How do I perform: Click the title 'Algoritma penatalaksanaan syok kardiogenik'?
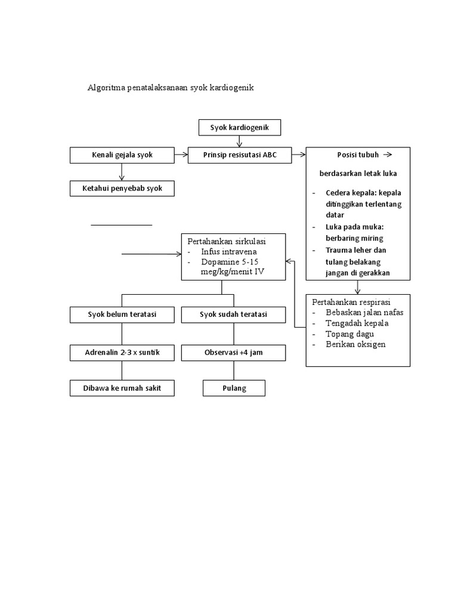point(171,88)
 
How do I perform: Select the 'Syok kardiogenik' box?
point(239,128)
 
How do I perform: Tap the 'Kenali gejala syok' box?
point(122,155)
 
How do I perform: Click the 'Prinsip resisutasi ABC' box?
point(240,155)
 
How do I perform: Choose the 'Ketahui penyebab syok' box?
point(122,189)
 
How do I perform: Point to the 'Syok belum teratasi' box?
point(122,314)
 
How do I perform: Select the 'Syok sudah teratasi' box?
point(233,314)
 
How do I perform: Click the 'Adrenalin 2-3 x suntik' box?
point(122,353)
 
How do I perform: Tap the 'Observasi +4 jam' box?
point(233,353)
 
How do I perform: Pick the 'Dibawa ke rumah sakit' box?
point(122,388)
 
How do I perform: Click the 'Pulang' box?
point(233,388)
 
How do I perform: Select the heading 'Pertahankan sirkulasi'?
point(227,242)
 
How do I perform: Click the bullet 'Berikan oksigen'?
point(355,344)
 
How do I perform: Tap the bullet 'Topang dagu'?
point(349,334)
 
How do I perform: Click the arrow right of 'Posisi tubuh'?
point(387,155)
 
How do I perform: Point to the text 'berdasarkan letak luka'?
point(358,173)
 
